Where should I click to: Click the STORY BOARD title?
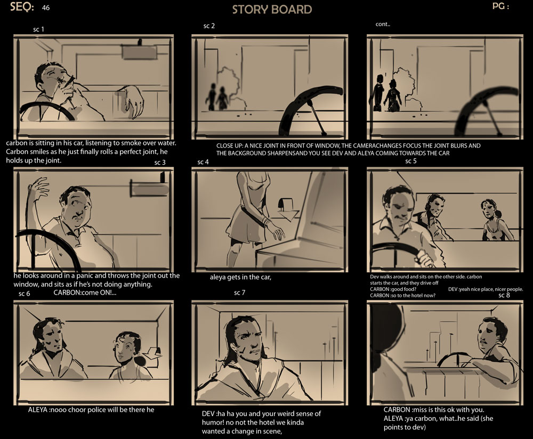272,10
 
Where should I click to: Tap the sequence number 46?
46,8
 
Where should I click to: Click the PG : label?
500,6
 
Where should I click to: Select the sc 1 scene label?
38,29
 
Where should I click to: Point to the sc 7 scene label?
240,292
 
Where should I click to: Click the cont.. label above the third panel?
383,24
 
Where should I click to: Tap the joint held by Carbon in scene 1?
71,81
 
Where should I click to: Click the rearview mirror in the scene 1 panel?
139,52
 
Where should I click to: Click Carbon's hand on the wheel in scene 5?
425,258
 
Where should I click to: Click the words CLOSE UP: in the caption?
229,146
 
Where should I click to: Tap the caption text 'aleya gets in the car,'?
240,277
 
